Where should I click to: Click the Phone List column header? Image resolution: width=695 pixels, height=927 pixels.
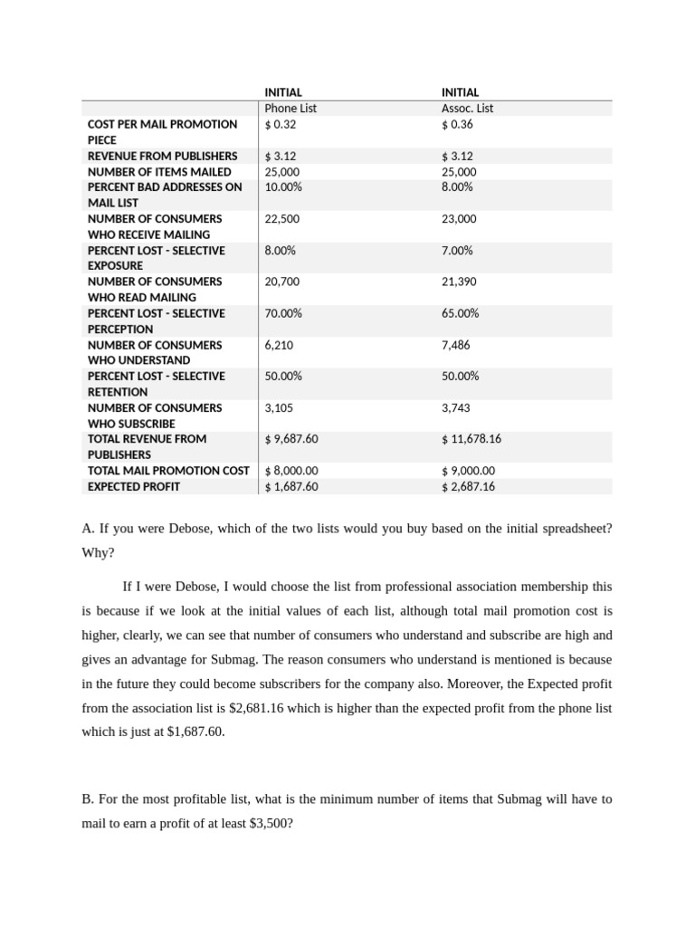coord(290,109)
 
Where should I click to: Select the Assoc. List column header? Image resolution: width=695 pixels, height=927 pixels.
coord(467,109)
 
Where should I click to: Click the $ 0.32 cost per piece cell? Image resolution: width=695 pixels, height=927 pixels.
coord(281,125)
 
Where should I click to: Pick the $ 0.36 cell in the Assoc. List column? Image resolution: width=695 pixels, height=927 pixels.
coord(457,125)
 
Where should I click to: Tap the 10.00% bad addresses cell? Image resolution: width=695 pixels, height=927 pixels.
coord(283,187)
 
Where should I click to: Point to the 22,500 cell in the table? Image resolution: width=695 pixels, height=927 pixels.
coord(282,219)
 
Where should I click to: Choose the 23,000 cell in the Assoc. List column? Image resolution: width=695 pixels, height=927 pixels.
coord(459,219)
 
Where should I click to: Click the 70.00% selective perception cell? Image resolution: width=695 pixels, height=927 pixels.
coord(283,313)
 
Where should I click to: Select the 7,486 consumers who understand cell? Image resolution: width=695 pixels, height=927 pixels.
coord(456,345)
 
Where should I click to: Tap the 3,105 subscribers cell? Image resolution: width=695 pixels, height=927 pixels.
coord(279,408)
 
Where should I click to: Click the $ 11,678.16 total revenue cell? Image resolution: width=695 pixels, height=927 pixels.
coord(471,439)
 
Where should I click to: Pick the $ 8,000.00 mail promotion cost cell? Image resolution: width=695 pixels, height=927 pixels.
coord(291,471)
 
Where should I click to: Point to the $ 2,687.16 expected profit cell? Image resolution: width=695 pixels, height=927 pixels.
coord(469,487)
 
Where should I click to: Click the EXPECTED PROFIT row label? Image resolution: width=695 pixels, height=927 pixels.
coord(134,487)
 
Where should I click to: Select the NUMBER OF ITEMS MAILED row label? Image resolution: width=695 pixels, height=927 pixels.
coord(159,172)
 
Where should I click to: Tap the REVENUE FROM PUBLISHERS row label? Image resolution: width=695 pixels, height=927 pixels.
coord(163,156)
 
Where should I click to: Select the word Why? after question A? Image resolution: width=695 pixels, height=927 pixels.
coord(98,552)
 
